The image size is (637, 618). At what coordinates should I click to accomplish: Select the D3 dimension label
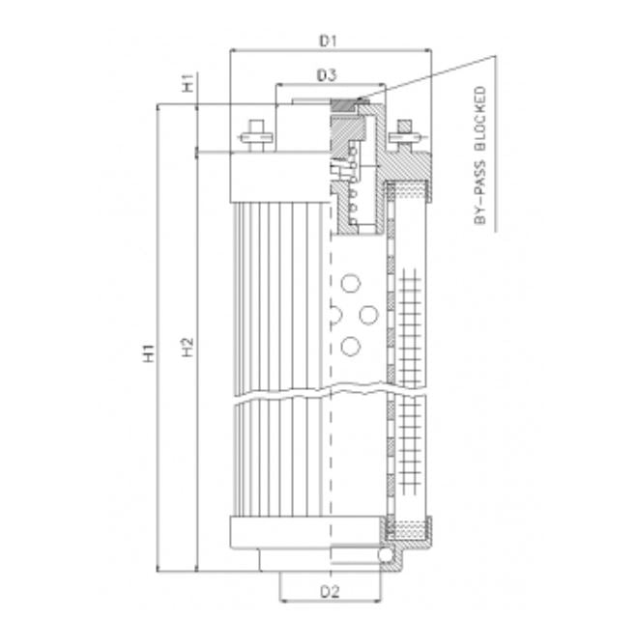click(326, 74)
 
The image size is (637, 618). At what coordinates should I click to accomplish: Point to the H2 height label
click(188, 350)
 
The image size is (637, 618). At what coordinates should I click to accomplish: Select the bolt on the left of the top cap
click(256, 135)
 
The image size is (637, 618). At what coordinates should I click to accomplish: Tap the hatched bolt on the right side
click(402, 135)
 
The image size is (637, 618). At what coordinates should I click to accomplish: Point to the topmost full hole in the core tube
click(350, 283)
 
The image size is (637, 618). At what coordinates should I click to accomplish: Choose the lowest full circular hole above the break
click(350, 346)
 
